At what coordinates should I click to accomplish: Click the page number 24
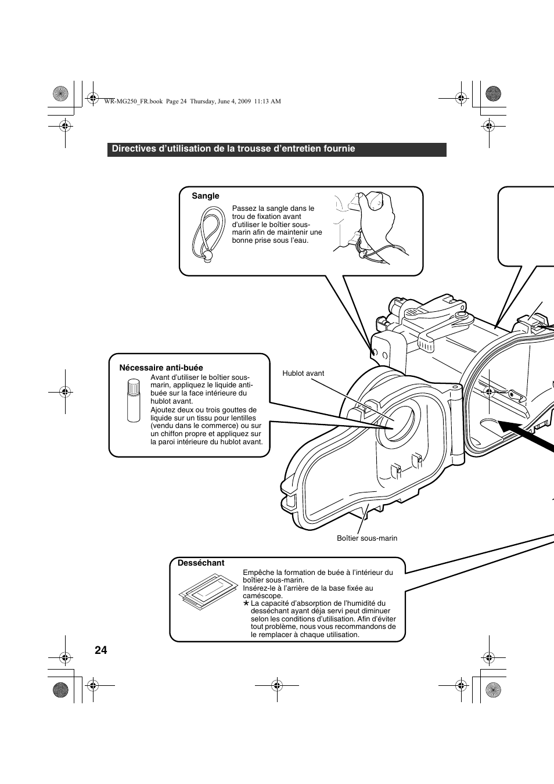(x=100, y=650)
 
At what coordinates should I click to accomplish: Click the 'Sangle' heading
(x=206, y=196)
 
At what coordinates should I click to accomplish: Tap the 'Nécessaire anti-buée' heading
(x=161, y=368)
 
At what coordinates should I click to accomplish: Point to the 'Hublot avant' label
(x=303, y=373)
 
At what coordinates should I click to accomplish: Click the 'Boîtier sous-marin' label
(x=367, y=538)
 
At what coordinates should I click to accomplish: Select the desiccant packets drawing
(x=207, y=592)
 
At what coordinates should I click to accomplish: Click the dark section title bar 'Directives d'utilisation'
(x=276, y=149)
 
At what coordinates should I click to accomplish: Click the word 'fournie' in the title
(x=340, y=149)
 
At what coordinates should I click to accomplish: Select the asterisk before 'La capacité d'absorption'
(x=246, y=604)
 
